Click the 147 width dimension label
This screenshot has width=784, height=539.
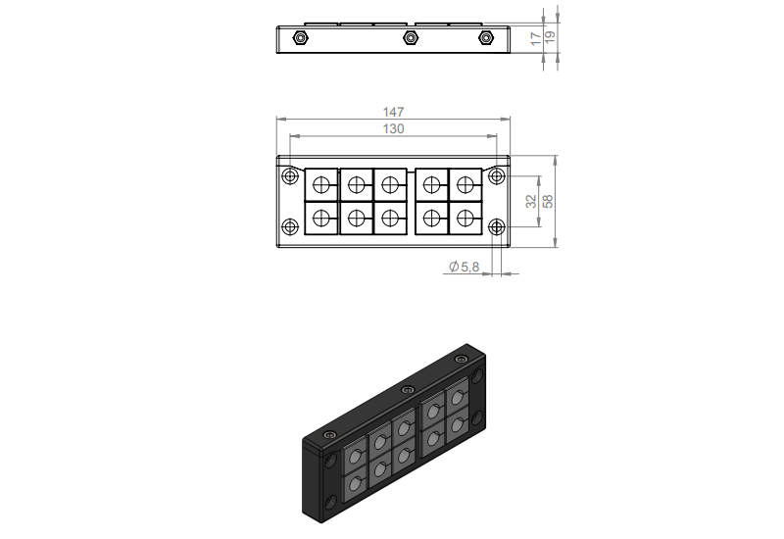[394, 113]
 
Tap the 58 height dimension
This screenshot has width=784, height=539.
[548, 201]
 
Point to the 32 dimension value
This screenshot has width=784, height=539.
[530, 201]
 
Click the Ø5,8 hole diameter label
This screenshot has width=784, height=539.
[464, 267]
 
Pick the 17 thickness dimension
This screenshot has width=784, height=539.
[534, 38]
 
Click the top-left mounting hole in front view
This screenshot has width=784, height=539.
[289, 176]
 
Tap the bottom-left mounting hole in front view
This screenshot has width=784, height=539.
[289, 227]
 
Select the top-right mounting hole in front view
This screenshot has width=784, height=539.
[497, 176]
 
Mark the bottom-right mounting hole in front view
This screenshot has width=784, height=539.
[497, 227]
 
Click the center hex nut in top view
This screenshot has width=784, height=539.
[410, 38]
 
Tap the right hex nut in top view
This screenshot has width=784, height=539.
[485, 38]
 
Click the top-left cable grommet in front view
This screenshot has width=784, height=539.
[320, 183]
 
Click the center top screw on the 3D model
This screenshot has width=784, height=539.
[408, 390]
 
